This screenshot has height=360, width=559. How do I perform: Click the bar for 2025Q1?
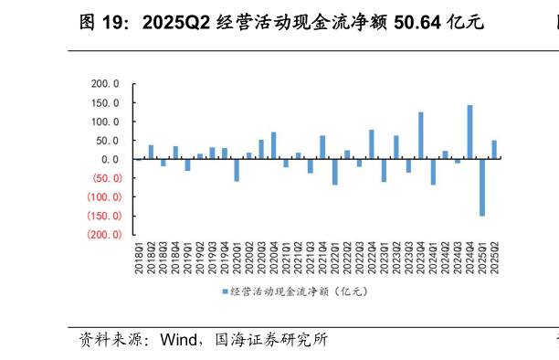(482, 187)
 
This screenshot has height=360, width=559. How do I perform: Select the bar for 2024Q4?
(469, 132)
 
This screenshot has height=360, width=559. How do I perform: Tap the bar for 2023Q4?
(420, 136)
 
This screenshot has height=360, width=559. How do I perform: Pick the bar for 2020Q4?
(273, 145)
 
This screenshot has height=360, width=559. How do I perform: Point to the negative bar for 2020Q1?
(237, 170)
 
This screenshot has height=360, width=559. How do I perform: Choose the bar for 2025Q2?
(494, 150)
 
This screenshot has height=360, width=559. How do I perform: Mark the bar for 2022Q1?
(334, 172)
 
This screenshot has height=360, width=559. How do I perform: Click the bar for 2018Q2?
(151, 152)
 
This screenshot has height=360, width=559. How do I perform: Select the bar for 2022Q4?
(372, 144)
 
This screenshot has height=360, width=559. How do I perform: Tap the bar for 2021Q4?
(322, 147)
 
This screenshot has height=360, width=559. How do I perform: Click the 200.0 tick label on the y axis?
(106, 83)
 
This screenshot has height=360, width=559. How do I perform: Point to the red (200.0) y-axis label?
(102, 235)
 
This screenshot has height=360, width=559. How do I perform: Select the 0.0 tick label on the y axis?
(111, 159)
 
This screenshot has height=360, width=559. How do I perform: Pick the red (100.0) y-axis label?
(102, 197)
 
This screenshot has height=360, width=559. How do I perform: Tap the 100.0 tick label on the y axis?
(106, 122)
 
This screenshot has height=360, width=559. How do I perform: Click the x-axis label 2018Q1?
(139, 259)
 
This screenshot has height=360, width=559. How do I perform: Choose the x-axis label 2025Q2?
(494, 259)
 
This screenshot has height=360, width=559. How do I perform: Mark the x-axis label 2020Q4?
(273, 259)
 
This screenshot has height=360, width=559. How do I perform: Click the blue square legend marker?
(224, 291)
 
